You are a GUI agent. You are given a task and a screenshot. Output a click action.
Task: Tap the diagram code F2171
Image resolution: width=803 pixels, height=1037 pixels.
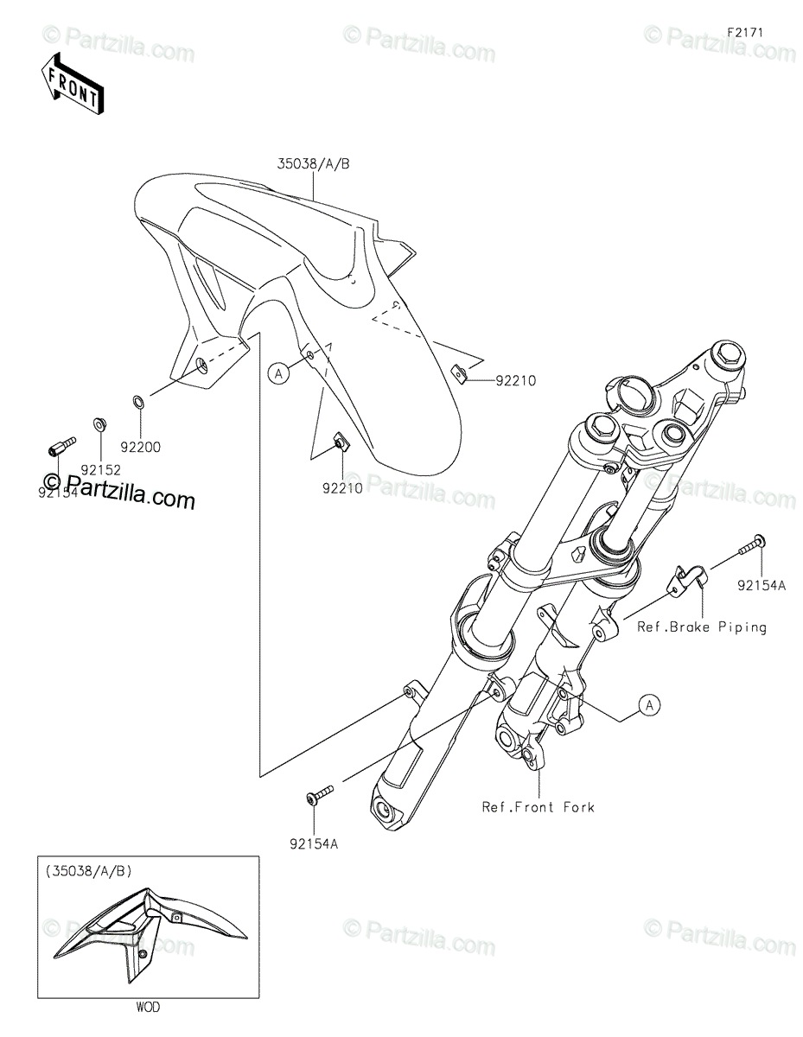point(745,32)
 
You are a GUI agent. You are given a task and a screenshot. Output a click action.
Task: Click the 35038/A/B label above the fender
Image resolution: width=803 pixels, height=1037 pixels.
point(313,165)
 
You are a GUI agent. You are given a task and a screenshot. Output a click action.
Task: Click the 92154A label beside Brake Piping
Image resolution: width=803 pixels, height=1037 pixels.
point(761,585)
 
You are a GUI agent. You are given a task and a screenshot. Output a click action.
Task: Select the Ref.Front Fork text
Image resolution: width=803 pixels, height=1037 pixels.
point(538,807)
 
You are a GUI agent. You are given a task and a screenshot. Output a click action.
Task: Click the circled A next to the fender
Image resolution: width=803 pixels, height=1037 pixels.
point(278,373)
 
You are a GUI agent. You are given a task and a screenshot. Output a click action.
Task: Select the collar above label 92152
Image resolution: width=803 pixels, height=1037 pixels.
point(98,425)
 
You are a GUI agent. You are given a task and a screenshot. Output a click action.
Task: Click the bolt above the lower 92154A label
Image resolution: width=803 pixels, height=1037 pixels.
point(319,794)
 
